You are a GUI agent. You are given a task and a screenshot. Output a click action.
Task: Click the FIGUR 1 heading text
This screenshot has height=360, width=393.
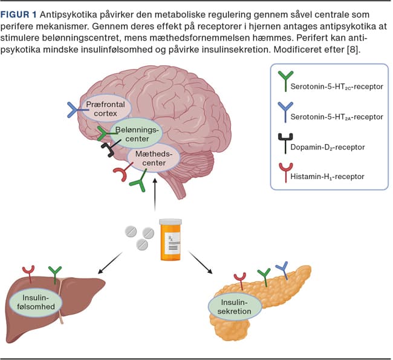pos(24,13)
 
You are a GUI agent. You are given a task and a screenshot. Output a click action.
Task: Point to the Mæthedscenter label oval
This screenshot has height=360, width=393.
pos(154,159)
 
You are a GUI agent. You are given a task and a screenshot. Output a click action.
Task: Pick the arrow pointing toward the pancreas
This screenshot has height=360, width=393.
pos(202,260)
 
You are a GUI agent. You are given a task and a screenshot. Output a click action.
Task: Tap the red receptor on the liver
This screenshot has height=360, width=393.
pos(28,272)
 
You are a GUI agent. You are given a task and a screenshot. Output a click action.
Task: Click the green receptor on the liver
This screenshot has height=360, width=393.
pos(55,273)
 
